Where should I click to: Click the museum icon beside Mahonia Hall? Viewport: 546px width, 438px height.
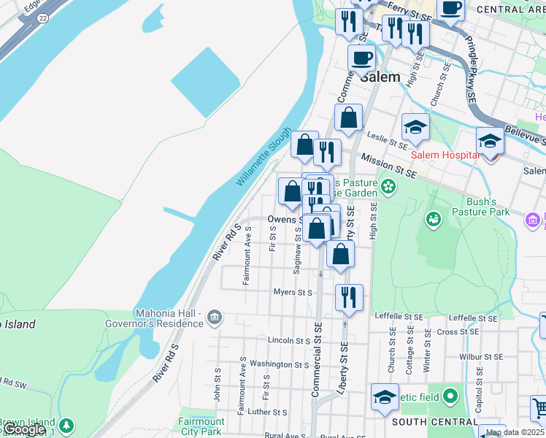[215, 317]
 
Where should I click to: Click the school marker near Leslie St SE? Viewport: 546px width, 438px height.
[415, 126]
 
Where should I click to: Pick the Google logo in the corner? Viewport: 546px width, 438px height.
[24, 430]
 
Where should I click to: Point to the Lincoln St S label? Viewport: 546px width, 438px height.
[289, 341]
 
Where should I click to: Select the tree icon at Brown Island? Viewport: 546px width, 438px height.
[66, 425]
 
